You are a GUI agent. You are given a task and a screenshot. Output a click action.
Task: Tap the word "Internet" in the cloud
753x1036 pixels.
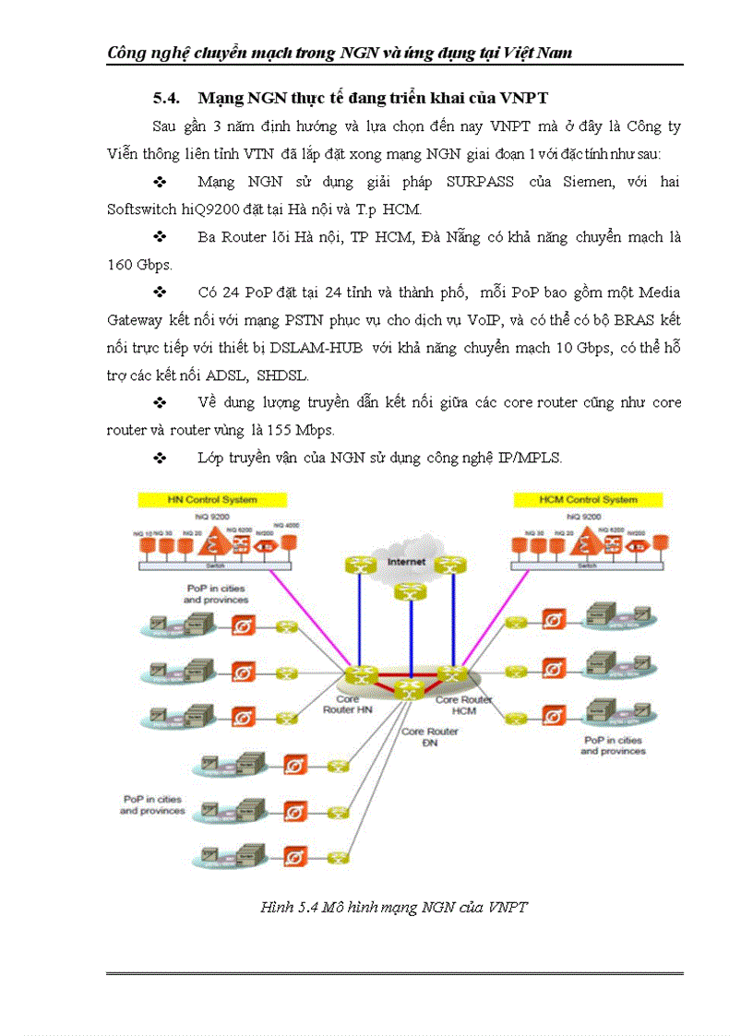click(x=406, y=561)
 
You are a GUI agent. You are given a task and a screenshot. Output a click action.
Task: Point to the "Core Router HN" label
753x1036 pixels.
click(x=347, y=705)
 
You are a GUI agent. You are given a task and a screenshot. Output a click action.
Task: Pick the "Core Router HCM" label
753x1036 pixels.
click(x=464, y=706)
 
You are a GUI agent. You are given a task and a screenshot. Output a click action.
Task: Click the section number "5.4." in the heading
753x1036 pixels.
click(x=170, y=98)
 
